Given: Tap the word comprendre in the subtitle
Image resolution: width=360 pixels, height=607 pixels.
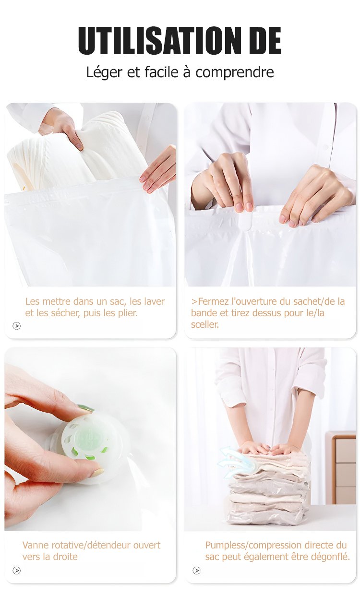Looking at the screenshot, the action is click(235, 72).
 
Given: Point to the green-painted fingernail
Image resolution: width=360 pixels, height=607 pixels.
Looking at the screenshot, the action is click(85, 408).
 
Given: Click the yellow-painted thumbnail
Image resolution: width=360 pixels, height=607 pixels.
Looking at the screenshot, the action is click(98, 472).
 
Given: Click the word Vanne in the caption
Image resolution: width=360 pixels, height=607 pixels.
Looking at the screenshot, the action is click(36, 545).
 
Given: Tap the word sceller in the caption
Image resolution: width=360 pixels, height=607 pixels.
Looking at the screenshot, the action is click(204, 324).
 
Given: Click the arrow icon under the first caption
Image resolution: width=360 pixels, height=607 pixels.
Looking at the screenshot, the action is click(16, 326).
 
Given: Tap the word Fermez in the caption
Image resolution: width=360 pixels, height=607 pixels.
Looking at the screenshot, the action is click(213, 301).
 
